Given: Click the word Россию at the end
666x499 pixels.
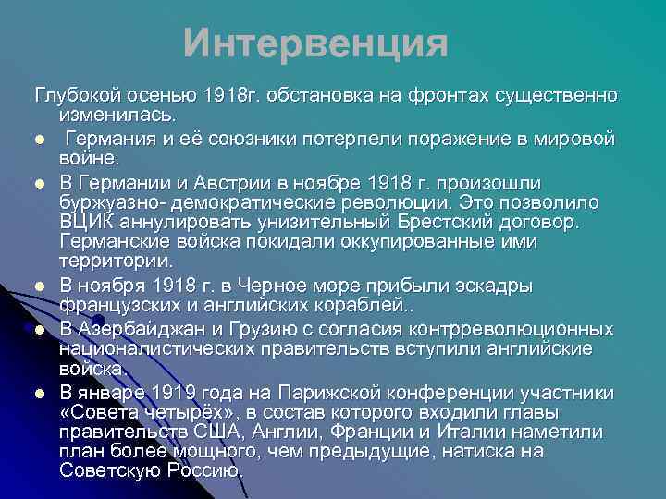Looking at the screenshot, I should (211, 470).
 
